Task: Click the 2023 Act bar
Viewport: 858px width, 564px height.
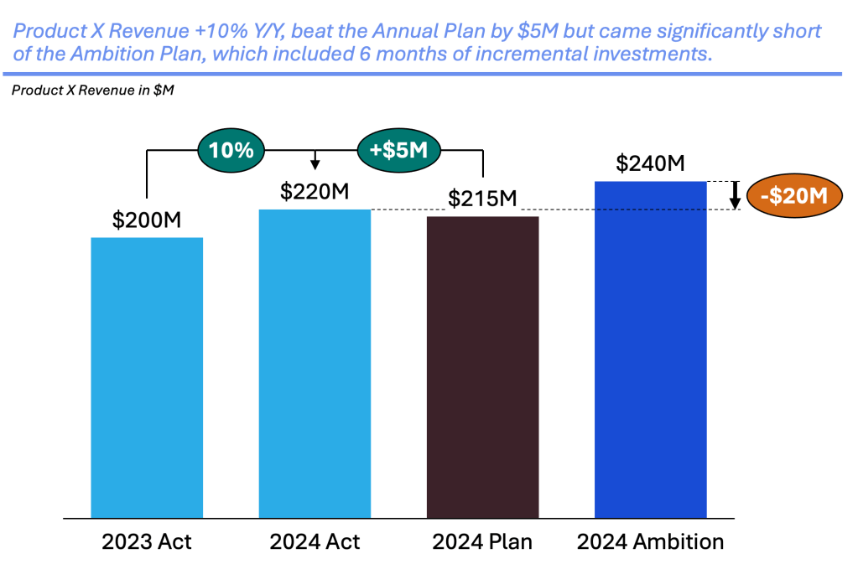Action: click(x=147, y=377)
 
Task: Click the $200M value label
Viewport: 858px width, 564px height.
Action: click(x=147, y=221)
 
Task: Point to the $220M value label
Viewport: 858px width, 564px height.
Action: click(x=315, y=192)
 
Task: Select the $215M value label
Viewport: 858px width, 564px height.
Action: click(x=482, y=199)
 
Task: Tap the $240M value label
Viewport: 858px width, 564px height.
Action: click(x=650, y=163)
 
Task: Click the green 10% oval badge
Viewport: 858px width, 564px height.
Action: click(x=231, y=151)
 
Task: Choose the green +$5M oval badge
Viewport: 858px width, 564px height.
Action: click(x=398, y=151)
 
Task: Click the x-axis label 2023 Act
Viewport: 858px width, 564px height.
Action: click(x=147, y=541)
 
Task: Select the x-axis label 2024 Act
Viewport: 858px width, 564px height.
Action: click(x=315, y=541)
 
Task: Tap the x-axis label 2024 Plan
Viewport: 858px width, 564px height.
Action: click(x=482, y=541)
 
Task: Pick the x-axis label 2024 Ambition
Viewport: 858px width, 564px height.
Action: click(x=650, y=541)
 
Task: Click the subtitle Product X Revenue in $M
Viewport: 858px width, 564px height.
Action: click(x=93, y=91)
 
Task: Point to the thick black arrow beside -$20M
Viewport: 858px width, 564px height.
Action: click(x=734, y=195)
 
